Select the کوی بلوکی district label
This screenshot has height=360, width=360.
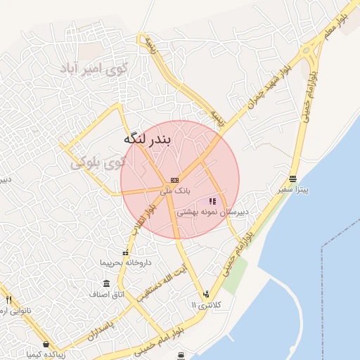[99, 163]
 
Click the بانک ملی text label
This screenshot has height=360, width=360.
[174, 190]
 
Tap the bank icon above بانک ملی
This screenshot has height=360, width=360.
[174, 180]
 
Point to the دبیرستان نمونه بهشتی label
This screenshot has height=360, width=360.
[212, 211]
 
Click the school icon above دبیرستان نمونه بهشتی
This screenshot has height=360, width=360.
[212, 202]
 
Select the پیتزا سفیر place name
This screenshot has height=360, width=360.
[292, 188]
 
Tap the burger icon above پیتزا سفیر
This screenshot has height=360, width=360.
[292, 179]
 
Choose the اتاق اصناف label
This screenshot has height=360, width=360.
[107, 293]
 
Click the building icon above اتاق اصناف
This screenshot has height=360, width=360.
[106, 284]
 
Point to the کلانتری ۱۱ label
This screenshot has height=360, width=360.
[206, 304]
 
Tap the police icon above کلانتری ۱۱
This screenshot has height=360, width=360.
[206, 294]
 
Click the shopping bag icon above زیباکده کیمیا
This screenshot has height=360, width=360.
[46, 345]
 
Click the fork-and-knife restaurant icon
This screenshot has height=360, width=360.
[8, 300]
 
